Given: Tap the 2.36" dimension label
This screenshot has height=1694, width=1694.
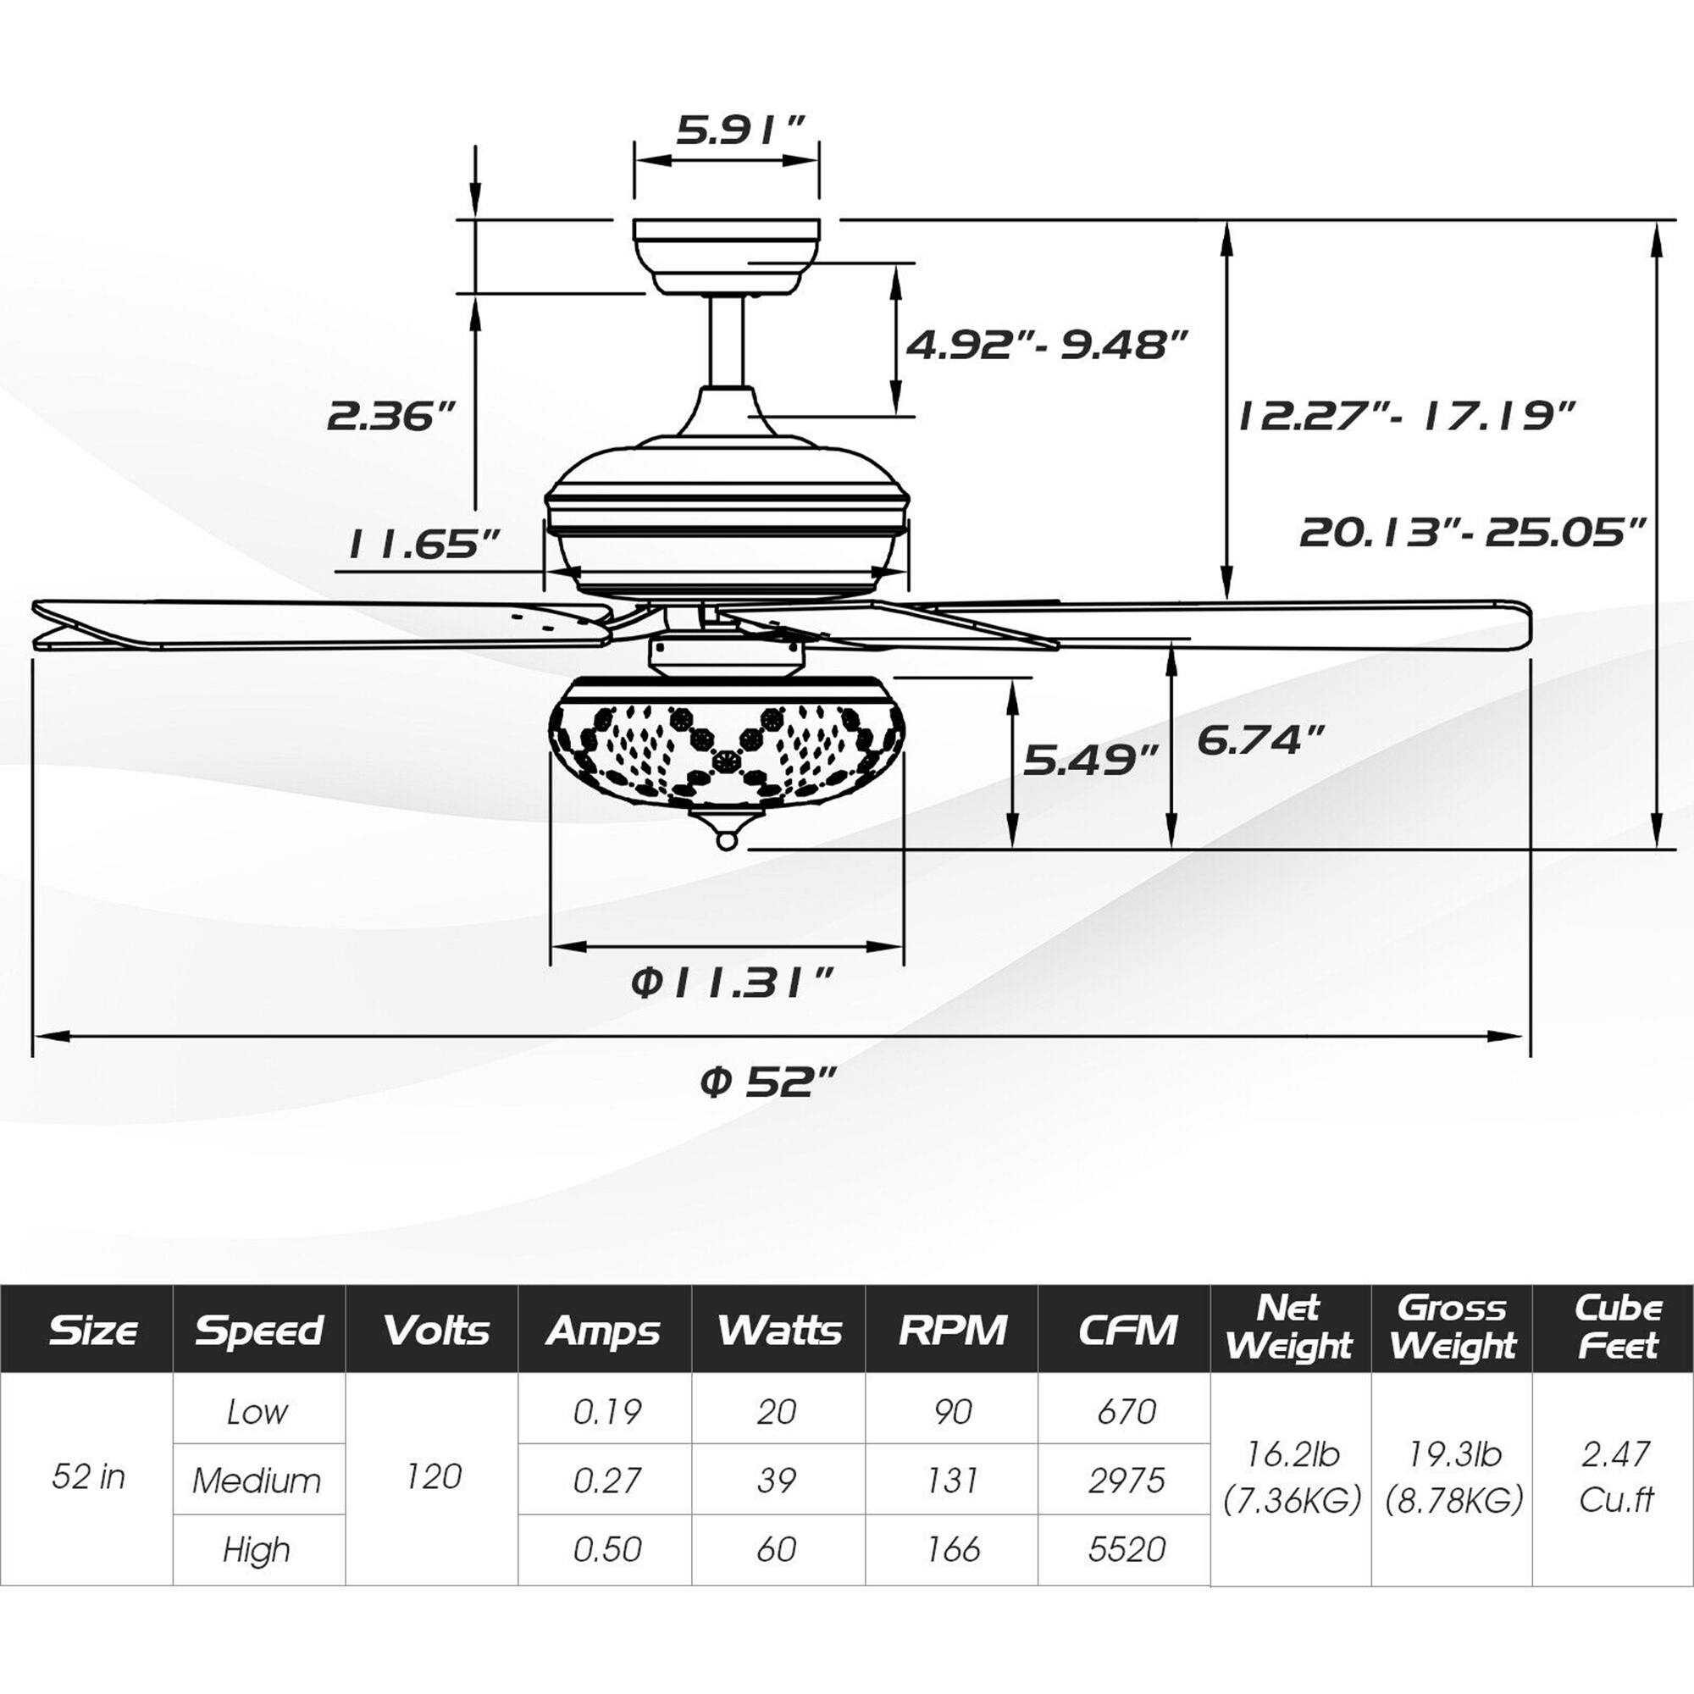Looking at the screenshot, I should click(x=392, y=416).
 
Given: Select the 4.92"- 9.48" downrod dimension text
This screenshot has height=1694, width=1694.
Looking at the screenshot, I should click(x=1045, y=345).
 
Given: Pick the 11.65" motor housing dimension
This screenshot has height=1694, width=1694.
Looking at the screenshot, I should click(x=423, y=545).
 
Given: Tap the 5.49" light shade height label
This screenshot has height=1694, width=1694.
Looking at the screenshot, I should click(x=1091, y=759).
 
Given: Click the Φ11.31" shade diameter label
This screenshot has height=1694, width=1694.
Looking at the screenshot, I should click(x=730, y=983).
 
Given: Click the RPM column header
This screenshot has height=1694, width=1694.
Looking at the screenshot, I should click(x=952, y=1330).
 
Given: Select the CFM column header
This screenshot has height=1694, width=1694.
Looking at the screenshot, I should click(x=1126, y=1330).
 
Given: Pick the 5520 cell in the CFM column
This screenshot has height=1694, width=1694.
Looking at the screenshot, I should click(x=1126, y=1549).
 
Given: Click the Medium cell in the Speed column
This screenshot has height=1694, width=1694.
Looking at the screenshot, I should click(x=257, y=1481).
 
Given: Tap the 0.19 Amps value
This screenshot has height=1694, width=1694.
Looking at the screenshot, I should click(x=606, y=1412).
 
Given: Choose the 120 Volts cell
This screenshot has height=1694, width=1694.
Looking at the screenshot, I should click(x=434, y=1476).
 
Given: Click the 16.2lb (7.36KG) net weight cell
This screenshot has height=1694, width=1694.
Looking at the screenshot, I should click(x=1292, y=1476).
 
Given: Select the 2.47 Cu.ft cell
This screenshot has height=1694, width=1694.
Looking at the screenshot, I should click(x=1616, y=1476).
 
